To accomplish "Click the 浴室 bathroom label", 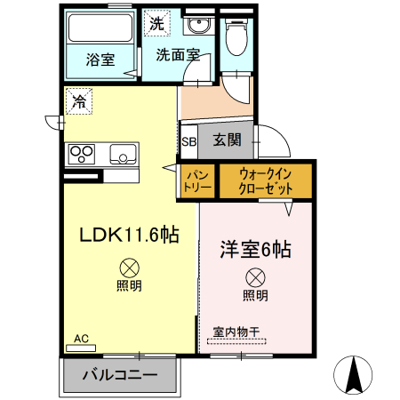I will pyautogui.click(x=100, y=60).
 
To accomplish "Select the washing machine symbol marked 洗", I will pyautogui.click(x=156, y=24).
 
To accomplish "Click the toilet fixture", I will pyautogui.click(x=236, y=36).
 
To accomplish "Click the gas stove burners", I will pyautogui.click(x=83, y=154).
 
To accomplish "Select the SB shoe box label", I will pyautogui.click(x=188, y=140).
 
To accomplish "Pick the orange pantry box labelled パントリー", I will pyautogui.click(x=196, y=181).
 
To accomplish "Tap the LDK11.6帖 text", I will pyautogui.click(x=130, y=236).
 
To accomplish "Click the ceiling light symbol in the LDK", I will pyautogui.click(x=129, y=266).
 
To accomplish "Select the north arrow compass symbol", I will pyautogui.click(x=356, y=373).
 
